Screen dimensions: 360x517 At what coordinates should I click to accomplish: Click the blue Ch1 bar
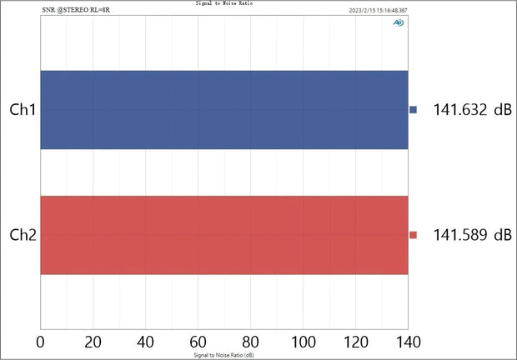tap(223, 110)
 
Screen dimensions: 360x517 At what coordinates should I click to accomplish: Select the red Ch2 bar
tap(223, 235)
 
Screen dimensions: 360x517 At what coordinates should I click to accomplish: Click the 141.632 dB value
tap(472, 110)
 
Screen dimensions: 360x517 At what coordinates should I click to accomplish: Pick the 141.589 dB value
tap(472, 235)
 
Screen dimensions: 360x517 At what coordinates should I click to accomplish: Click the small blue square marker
tap(413, 110)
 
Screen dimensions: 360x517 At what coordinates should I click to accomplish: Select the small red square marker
tap(413, 235)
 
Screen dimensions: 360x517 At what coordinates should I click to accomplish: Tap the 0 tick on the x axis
tap(41, 341)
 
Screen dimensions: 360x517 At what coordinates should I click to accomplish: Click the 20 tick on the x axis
tap(93, 341)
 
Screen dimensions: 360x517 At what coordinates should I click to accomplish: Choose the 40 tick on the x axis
tap(146, 341)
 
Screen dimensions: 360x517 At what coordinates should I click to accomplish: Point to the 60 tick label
tap(198, 341)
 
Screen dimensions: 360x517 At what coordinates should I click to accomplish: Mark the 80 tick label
tap(251, 341)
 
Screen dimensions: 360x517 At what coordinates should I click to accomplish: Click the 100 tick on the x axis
tap(304, 341)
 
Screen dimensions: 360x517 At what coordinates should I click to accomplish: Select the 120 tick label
tap(356, 341)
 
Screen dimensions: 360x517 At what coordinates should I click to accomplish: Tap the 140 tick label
tap(408, 341)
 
